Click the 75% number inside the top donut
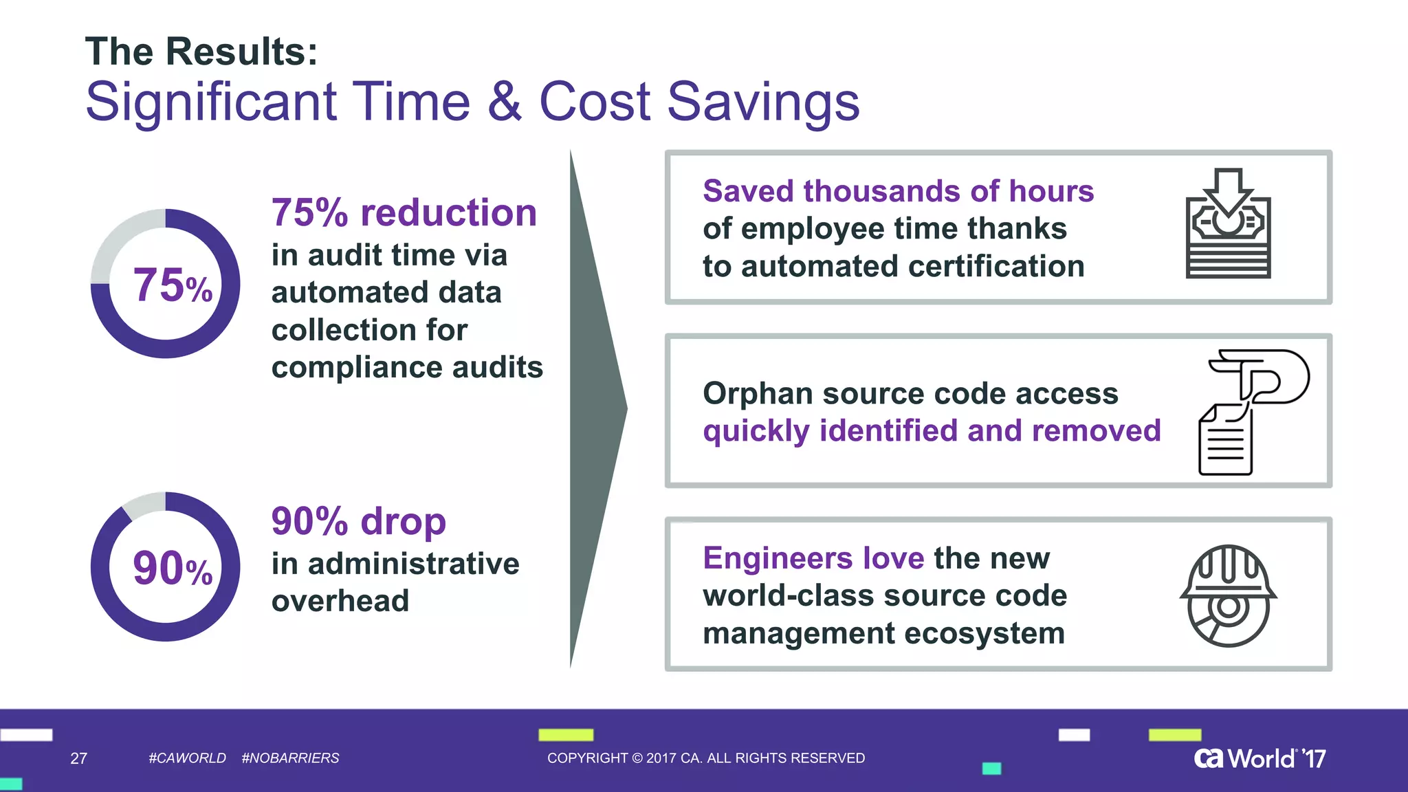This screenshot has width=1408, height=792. (x=172, y=285)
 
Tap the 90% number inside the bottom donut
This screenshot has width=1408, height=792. (x=172, y=569)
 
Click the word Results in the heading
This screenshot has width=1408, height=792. (x=242, y=52)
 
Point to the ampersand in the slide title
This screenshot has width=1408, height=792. (x=505, y=102)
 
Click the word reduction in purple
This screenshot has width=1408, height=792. (x=448, y=212)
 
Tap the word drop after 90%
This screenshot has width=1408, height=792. (x=403, y=521)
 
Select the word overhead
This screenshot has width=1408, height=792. (x=340, y=601)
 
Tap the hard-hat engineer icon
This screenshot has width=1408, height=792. (x=1228, y=595)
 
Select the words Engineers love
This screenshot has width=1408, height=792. (x=813, y=558)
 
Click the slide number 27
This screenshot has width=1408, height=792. (x=78, y=758)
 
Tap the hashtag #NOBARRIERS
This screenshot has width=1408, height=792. (x=290, y=758)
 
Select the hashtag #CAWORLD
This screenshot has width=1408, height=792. (x=187, y=758)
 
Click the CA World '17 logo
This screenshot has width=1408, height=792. (x=1259, y=758)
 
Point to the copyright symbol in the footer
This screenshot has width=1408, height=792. (x=637, y=758)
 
